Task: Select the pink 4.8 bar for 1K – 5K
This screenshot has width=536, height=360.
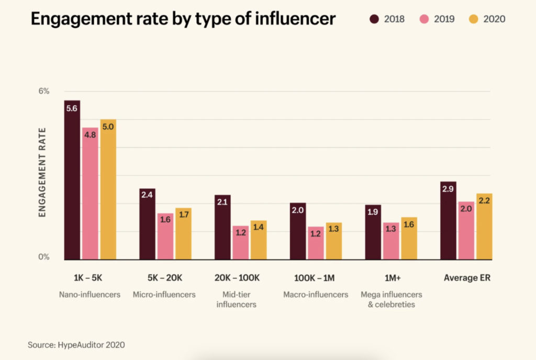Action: [90, 194]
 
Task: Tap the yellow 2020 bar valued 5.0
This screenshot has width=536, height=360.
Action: [108, 189]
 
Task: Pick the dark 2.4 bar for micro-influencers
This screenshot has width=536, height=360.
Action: [147, 224]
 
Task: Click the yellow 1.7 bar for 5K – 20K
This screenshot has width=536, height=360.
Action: [183, 234]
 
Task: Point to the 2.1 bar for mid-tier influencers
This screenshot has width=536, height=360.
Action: [222, 227]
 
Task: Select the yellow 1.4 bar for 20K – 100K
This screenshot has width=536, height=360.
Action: [259, 240]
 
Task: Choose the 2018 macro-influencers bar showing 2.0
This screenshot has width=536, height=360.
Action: [298, 231]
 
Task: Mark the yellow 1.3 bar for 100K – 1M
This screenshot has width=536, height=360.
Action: [334, 241]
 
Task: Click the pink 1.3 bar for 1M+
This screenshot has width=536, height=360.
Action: [391, 241]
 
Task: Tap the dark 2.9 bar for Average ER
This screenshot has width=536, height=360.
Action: [448, 220]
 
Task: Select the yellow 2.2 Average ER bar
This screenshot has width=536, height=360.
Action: [484, 227]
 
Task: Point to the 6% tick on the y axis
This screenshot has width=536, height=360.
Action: [43, 91]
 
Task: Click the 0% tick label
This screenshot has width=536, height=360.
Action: [43, 257]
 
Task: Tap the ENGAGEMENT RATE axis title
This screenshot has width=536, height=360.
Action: [43, 172]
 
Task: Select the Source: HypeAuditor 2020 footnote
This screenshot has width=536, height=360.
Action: [76, 345]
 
